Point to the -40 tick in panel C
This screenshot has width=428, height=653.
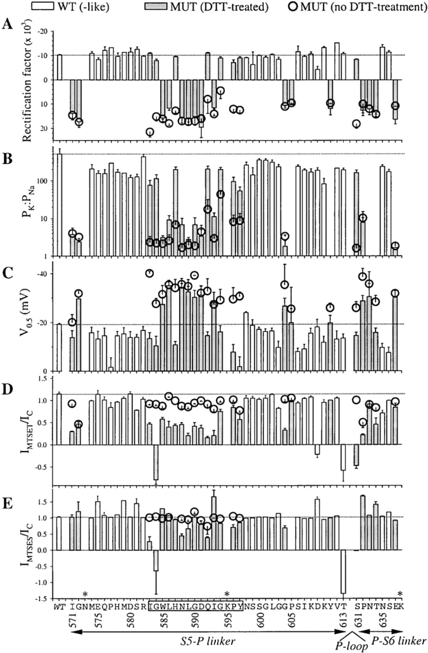[x=44, y=273]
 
